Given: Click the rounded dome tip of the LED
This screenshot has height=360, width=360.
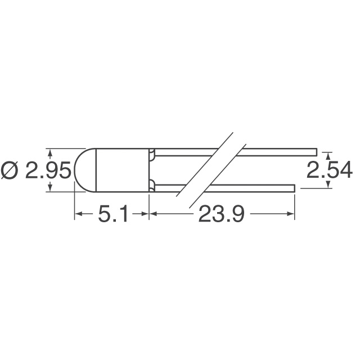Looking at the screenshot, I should coord(79,170).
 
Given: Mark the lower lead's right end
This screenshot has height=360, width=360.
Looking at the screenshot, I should coord(294,187).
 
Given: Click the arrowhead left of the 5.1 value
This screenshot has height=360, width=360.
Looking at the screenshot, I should coord(79,214).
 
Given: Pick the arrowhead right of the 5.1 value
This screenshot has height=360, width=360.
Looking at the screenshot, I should coord(145,214).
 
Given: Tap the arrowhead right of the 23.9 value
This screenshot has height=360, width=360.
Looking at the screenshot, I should coord(291,214).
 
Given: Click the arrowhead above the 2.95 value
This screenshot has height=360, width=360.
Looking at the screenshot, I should coord(51,152).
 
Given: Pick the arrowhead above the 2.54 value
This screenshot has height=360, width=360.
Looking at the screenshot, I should coord(329,154).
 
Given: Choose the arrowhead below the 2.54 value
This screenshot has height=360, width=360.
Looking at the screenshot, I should coord(329,185).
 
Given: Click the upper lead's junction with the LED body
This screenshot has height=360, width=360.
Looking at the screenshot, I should coord(152,152).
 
